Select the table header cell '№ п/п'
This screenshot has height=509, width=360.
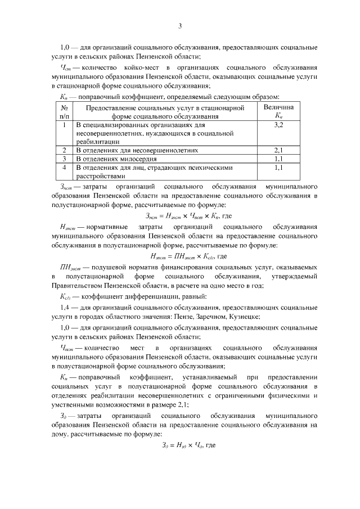click(x=65, y=111)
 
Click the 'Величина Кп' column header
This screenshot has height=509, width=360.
click(x=278, y=111)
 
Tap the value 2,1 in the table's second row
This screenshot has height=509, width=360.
click(x=278, y=151)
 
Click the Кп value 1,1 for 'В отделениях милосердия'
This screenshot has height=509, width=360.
click(x=278, y=159)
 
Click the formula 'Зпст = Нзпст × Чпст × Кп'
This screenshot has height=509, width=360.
click(x=180, y=216)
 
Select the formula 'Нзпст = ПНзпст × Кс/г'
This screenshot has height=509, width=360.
click(x=180, y=255)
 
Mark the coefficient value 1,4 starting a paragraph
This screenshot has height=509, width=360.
click(x=64, y=307)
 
